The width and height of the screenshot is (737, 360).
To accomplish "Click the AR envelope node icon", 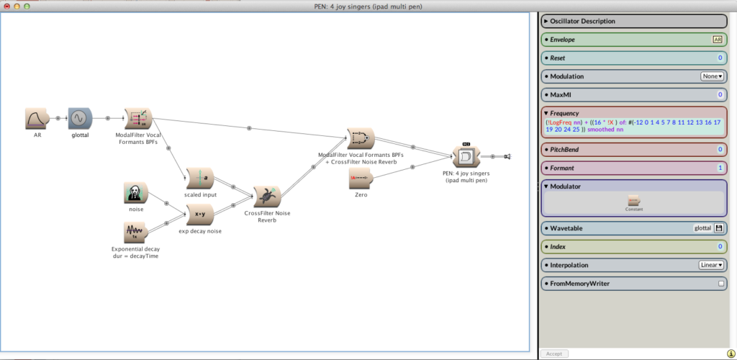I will click(x=36, y=118).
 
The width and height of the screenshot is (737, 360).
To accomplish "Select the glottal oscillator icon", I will click(x=79, y=118).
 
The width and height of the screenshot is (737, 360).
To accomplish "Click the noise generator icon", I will click(x=135, y=193).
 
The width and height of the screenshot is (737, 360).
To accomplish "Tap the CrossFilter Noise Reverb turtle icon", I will click(x=265, y=195).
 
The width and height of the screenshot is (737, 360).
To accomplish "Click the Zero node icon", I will click(x=361, y=178).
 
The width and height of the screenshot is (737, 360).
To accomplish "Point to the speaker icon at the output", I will click(x=507, y=156).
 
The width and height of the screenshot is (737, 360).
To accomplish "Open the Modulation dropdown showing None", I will click(x=712, y=76).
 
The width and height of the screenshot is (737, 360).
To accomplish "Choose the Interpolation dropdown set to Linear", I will click(x=711, y=265).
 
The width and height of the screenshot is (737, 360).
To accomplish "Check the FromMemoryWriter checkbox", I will click(x=720, y=284).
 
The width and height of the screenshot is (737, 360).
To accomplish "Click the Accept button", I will click(x=554, y=354).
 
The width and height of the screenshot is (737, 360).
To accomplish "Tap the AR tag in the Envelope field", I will click(x=717, y=40).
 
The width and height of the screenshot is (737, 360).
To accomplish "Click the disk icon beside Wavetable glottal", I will click(x=718, y=228).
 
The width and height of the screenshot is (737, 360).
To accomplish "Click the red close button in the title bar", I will click(x=6, y=6).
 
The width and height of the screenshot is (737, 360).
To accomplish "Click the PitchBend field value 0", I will click(x=720, y=150).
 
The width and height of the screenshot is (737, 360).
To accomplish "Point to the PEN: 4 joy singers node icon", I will click(x=464, y=156).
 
